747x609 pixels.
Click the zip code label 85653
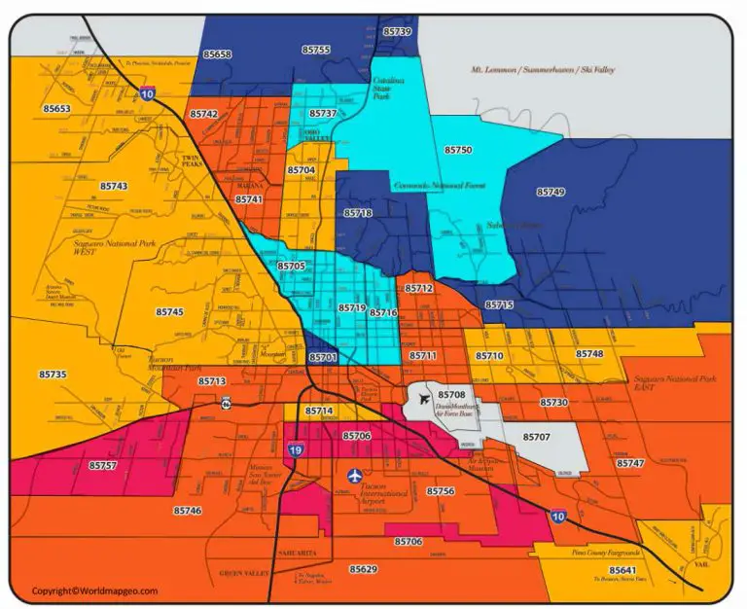56,109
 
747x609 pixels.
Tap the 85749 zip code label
551,193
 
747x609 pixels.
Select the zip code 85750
458,150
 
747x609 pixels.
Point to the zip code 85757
102,466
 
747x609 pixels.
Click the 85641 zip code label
622,570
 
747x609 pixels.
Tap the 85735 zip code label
53,375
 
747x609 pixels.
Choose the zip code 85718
358,212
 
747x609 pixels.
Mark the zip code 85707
537,438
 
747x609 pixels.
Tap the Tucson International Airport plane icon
353,475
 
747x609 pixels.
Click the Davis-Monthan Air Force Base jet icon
425,397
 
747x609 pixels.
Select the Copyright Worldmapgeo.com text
93,591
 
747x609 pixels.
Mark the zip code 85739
397,31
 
